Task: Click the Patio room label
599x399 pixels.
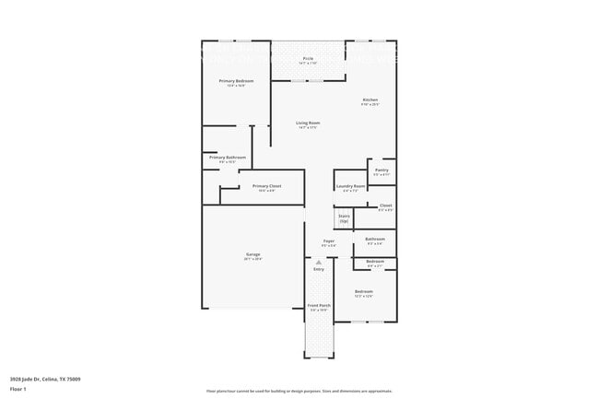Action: tap(308, 59)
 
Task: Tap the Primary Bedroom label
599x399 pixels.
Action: tap(236, 81)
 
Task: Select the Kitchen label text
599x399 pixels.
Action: tap(370, 100)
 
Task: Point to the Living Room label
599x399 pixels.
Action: tap(308, 123)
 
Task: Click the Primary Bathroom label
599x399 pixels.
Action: tap(228, 158)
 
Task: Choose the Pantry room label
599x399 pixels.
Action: tap(382, 170)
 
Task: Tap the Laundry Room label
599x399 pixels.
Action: tap(351, 186)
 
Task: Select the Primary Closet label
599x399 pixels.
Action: tap(266, 186)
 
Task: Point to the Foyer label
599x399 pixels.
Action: tap(328, 241)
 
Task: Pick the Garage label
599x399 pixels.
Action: tap(253, 254)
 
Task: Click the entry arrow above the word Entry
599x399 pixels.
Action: tap(319, 262)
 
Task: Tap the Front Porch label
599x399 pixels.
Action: tap(318, 305)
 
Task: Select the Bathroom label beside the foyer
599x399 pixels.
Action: tap(374, 239)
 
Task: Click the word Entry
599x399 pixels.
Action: tap(319, 269)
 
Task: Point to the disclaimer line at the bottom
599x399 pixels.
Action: tap(299, 392)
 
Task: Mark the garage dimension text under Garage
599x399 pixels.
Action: tap(253, 260)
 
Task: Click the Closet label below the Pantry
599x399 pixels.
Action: tap(385, 205)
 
